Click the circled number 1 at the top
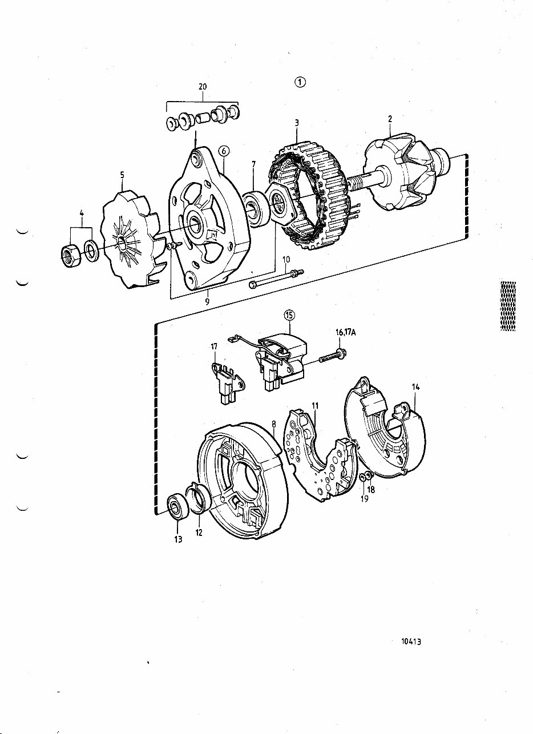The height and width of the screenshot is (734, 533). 300,82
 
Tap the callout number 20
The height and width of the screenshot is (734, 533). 203,87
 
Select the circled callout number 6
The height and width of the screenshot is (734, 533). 224,151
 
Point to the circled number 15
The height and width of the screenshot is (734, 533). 289,314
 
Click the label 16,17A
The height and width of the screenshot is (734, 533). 345,333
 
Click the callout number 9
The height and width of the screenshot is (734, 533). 208,301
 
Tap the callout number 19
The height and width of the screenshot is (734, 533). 365,499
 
